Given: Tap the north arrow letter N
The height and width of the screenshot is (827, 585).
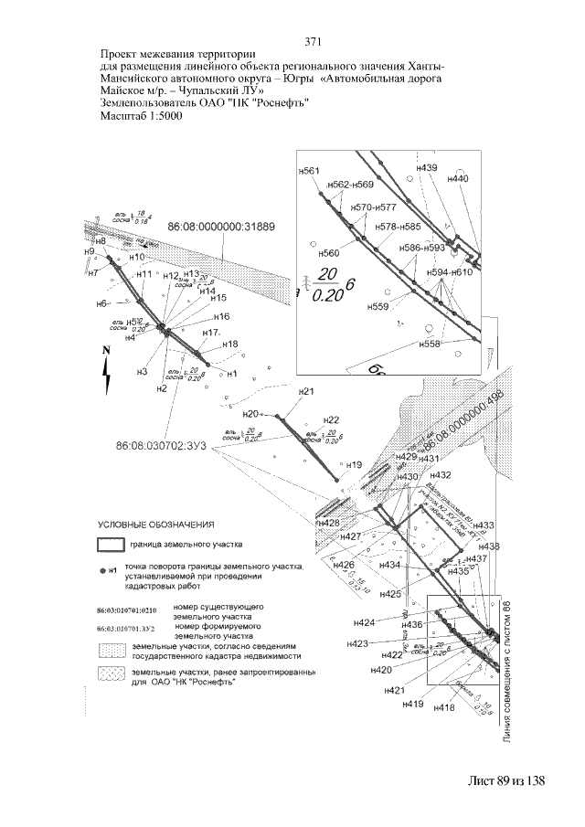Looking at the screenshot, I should click(107, 350).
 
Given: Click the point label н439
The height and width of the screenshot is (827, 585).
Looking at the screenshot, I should click(427, 168).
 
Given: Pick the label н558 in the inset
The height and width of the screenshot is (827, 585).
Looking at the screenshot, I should click(430, 344).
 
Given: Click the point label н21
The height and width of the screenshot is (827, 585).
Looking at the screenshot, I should click(306, 392).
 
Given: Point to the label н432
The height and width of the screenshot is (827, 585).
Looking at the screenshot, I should click(441, 476).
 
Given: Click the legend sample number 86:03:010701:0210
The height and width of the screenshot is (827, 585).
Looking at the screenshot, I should click(127, 610).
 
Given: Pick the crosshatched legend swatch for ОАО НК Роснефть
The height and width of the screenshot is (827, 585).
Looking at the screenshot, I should click(111, 673).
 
